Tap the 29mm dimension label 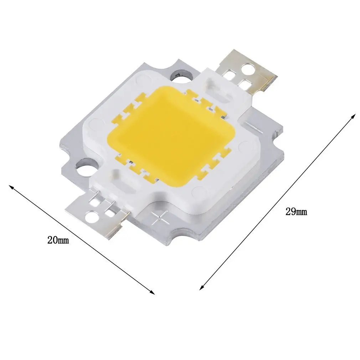pos(296,212)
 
